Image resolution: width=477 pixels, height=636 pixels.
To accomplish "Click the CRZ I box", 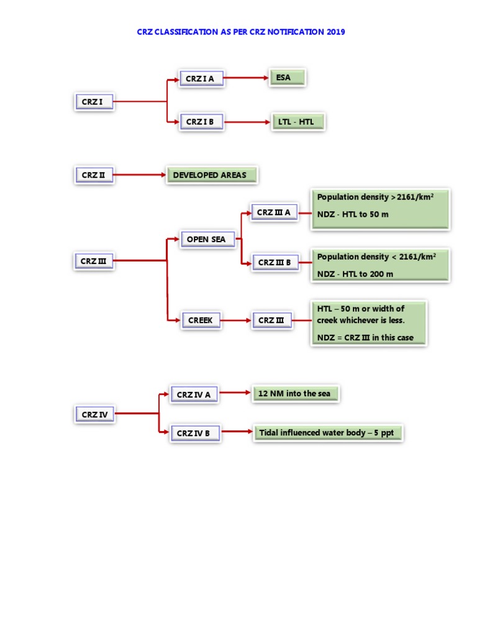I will pyautogui.click(x=94, y=102).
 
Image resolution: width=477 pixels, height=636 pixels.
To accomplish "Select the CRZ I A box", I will pyautogui.click(x=201, y=79).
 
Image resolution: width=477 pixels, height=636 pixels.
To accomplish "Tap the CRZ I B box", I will pyautogui.click(x=201, y=122).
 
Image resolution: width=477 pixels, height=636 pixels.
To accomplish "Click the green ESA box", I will pyautogui.click(x=288, y=78).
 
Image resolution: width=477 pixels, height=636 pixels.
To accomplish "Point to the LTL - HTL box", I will pyautogui.click(x=298, y=122).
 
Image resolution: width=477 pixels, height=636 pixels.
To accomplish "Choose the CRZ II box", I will pyautogui.click(x=94, y=175).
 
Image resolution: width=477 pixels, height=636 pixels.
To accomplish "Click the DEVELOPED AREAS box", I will pyautogui.click(x=211, y=175).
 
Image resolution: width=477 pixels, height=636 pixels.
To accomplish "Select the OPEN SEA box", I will pyautogui.click(x=207, y=239).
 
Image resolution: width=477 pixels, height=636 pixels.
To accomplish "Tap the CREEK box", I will pyautogui.click(x=200, y=320).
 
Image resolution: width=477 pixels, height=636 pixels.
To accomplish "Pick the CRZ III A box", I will pyautogui.click(x=274, y=212).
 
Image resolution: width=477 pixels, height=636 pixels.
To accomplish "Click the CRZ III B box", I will pyautogui.click(x=274, y=262).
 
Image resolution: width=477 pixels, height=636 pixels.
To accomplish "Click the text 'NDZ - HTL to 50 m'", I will pyautogui.click(x=353, y=214).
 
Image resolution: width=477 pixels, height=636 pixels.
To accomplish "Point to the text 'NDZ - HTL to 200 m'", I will pyautogui.click(x=355, y=274).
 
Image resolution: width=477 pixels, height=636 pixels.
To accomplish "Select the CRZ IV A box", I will pyautogui.click(x=194, y=394).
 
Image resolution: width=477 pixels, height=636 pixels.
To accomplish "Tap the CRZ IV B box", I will pyautogui.click(x=194, y=433).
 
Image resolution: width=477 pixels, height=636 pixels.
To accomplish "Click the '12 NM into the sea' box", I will pyautogui.click(x=296, y=394).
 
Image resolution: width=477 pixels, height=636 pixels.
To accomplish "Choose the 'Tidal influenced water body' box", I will pyautogui.click(x=327, y=432).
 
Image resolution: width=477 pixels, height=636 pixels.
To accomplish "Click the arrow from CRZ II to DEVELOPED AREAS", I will pyautogui.click(x=139, y=175).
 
